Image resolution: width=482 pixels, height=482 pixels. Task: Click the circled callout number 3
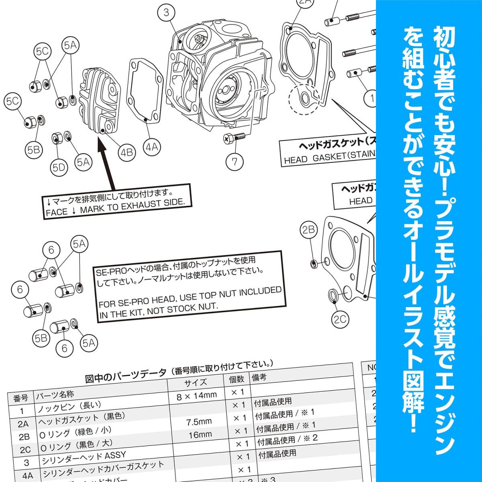pyautogui.click(x=167, y=12)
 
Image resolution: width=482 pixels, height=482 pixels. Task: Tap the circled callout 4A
pyautogui.click(x=152, y=147)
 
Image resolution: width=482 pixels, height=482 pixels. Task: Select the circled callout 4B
pyautogui.click(x=127, y=152)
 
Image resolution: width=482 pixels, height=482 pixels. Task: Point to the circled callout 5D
pyautogui.click(x=59, y=167)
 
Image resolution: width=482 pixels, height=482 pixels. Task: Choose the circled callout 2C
pyautogui.click(x=340, y=319)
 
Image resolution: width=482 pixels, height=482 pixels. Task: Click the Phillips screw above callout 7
pyautogui.click(x=234, y=137)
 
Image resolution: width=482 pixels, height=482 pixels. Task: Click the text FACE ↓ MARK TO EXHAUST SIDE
pyautogui.click(x=116, y=206)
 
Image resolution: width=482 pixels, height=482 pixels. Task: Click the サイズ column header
pyautogui.click(x=196, y=382)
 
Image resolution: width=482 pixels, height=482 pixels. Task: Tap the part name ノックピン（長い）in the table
pyautogui.click(x=69, y=408)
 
